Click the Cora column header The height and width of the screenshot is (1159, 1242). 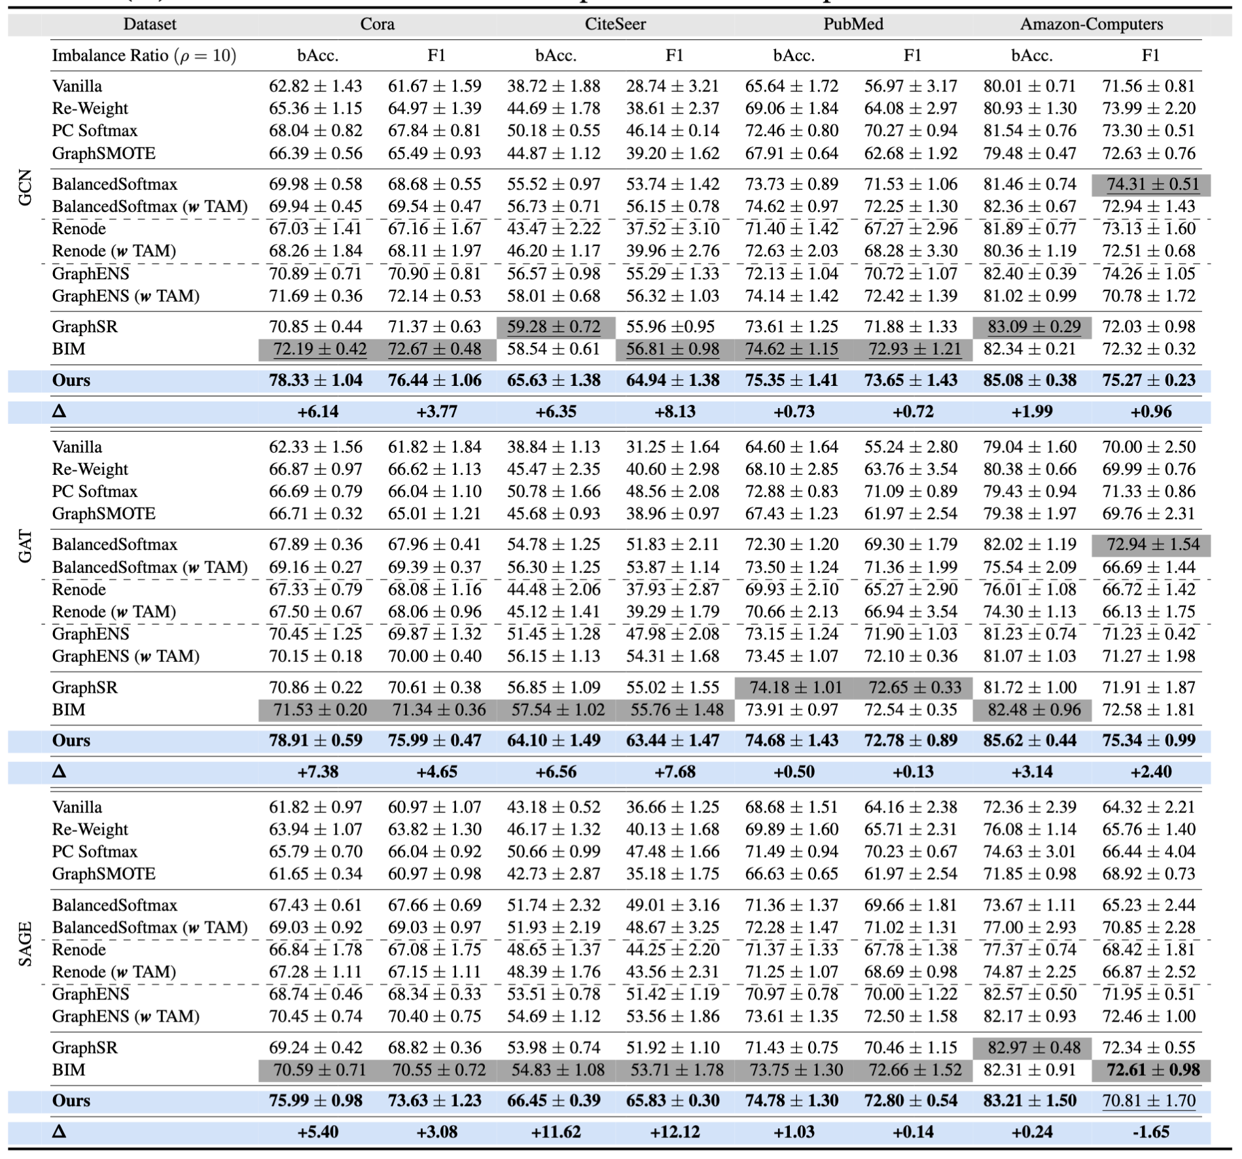(x=377, y=24)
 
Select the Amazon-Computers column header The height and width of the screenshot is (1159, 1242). (x=1091, y=24)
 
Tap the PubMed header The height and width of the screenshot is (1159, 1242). (x=853, y=24)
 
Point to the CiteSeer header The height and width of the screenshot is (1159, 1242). (x=615, y=24)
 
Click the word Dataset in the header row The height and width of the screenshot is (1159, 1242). (x=150, y=24)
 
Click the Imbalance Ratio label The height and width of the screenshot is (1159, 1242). (x=144, y=56)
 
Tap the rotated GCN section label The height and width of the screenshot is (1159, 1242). (x=25, y=188)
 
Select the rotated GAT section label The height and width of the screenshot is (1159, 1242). (x=25, y=547)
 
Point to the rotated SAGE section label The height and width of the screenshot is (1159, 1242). (x=25, y=944)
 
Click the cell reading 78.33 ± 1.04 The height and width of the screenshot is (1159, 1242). (x=315, y=381)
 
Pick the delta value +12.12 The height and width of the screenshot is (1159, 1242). (x=675, y=1132)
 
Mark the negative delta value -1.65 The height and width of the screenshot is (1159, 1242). (x=1150, y=1132)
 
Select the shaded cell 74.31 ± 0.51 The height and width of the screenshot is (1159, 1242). (x=1151, y=184)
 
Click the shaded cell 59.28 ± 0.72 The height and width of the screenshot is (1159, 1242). (x=554, y=327)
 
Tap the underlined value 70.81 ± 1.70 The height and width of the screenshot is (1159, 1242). (x=1149, y=1101)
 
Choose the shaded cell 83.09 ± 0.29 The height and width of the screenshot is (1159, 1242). (x=1032, y=327)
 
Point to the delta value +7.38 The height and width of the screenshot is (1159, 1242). (x=318, y=772)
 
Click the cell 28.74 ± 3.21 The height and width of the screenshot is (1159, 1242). (x=673, y=86)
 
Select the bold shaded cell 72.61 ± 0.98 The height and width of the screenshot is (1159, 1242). (x=1151, y=1070)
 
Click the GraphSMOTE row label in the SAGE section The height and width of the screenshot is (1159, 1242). (x=104, y=874)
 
